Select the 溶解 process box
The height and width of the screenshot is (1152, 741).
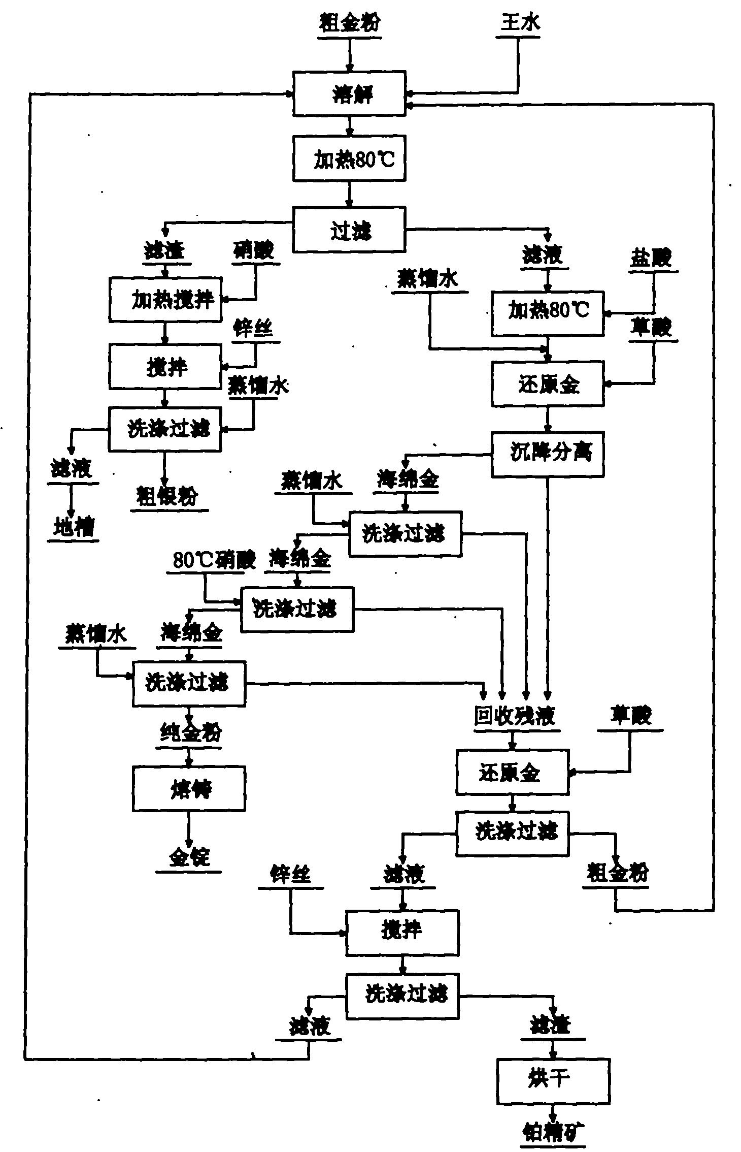[x=350, y=94]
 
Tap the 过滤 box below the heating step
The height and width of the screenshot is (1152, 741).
[x=350, y=229]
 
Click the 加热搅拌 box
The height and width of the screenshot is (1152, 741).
[x=165, y=300]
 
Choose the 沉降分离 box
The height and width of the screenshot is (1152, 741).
[x=548, y=454]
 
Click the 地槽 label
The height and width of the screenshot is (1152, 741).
[x=73, y=528]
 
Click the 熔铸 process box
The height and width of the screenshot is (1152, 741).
[x=189, y=788]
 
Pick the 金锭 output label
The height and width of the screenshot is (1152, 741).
[x=189, y=858]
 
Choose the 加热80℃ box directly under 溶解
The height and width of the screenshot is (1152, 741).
[x=350, y=159]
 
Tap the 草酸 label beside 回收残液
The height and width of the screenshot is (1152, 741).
[x=630, y=716]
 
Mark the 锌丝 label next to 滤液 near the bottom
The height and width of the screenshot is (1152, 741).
[x=290, y=875]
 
